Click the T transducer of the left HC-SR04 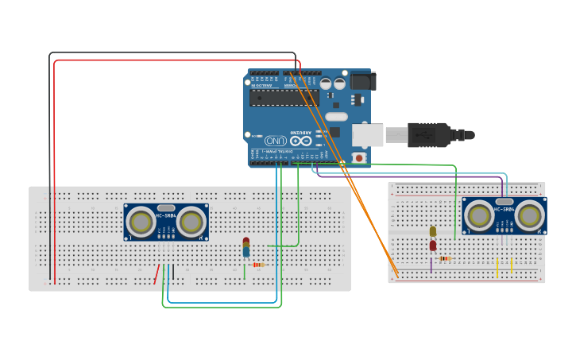pos(141,222)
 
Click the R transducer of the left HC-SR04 pos(191,222)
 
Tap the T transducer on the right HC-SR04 pos(479,215)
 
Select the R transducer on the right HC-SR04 pos(529,215)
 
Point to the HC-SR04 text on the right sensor pos(504,209)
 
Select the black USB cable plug pos(433,134)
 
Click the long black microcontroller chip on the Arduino pos(284,97)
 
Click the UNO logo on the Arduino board pos(276,138)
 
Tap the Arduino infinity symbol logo pos(296,137)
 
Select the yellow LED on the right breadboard pos(433,231)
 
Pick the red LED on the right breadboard pos(433,246)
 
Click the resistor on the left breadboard pos(258,265)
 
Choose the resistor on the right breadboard pos(445,258)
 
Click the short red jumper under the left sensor pos(157,274)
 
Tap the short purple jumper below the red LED pos(431,265)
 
